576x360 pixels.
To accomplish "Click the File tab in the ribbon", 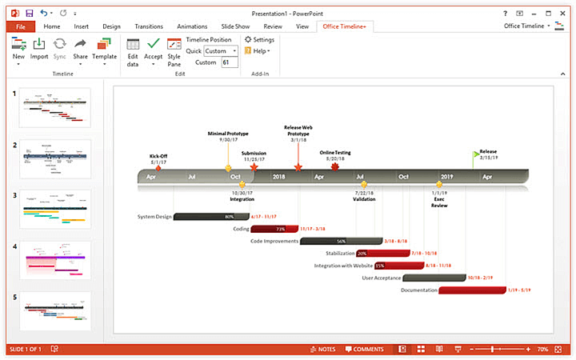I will pyautogui.click(x=20, y=26).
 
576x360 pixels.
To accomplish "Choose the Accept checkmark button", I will pyautogui.click(x=153, y=50).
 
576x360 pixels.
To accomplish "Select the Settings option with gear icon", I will pyautogui.click(x=259, y=39).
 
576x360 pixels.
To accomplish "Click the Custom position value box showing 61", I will pyautogui.click(x=229, y=62).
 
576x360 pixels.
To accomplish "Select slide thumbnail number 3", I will pyautogui.click(x=55, y=210).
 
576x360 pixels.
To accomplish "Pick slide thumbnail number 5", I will pyautogui.click(x=55, y=311).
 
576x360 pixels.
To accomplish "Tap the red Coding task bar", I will pyautogui.click(x=275, y=229).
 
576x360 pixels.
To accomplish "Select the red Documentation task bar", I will pyautogui.click(x=471, y=290).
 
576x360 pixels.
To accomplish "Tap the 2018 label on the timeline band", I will pyautogui.click(x=278, y=176).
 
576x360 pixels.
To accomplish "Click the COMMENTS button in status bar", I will pyautogui.click(x=364, y=350).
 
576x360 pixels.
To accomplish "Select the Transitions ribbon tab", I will pyautogui.click(x=149, y=26).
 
